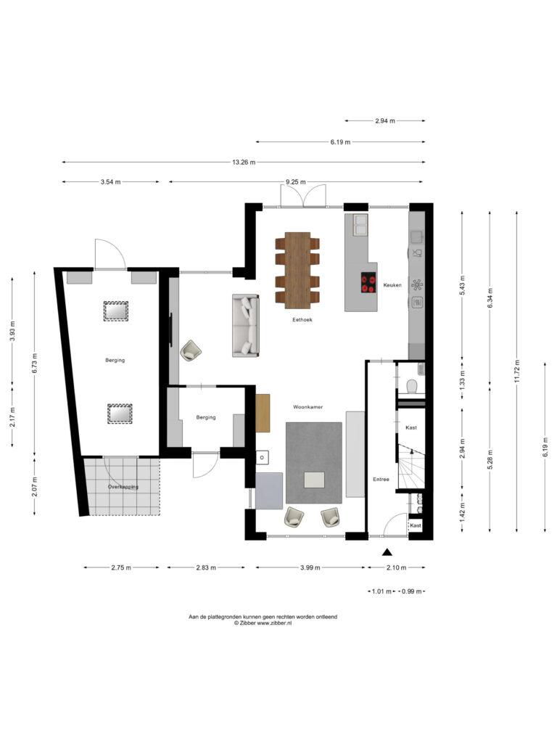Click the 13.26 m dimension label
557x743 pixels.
(244, 162)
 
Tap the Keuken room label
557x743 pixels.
(392, 285)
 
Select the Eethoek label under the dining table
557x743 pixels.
(302, 320)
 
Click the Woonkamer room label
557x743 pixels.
(308, 407)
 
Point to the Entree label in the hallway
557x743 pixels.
(381, 480)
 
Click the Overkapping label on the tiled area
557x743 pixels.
(123, 487)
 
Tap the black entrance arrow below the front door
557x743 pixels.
(387, 551)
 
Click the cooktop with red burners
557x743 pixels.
(368, 282)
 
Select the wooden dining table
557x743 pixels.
(297, 270)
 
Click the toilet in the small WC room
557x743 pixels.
(411, 386)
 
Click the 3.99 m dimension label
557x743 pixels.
(310, 567)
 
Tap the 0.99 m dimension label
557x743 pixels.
(411, 591)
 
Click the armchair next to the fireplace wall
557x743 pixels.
(191, 350)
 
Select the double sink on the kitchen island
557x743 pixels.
(360, 225)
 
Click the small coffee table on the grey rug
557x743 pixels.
(315, 480)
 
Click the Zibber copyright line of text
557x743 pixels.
(263, 623)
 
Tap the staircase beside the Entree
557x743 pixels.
(411, 466)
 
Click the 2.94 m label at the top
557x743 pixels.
(385, 121)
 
